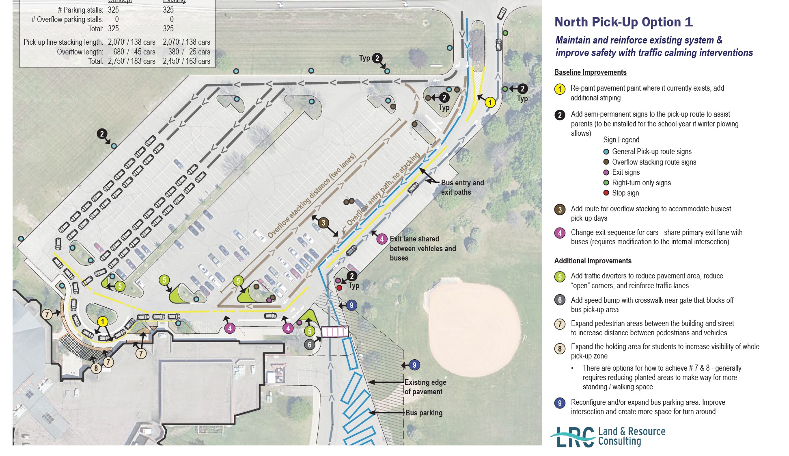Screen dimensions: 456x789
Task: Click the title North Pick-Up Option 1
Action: [x=623, y=22]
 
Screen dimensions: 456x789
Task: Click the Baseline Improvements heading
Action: [x=590, y=72]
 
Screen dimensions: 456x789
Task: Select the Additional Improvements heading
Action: [x=593, y=261]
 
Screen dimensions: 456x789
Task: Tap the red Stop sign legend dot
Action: [x=606, y=193]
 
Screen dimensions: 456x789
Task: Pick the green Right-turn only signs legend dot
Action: [x=606, y=183]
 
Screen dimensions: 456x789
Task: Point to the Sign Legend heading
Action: [x=621, y=140]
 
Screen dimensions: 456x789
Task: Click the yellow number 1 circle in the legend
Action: [x=560, y=89]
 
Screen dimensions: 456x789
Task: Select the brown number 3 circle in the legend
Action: [x=560, y=210]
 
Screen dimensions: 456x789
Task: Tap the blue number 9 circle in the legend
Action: [x=560, y=403]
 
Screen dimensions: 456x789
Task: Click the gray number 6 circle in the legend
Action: [x=560, y=300]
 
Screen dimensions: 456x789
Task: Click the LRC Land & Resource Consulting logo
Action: [x=608, y=437]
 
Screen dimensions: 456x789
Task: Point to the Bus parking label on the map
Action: [x=424, y=413]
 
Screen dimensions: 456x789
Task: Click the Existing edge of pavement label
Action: [x=425, y=387]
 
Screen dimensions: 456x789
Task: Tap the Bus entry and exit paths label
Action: [x=462, y=187]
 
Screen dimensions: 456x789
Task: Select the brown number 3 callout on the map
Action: [x=323, y=223]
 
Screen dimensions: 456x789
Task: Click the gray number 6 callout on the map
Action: [x=310, y=345]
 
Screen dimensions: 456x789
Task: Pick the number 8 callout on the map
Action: [x=96, y=369]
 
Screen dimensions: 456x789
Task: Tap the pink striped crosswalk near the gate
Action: [x=335, y=332]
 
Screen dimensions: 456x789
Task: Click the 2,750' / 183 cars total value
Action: [x=131, y=61]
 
